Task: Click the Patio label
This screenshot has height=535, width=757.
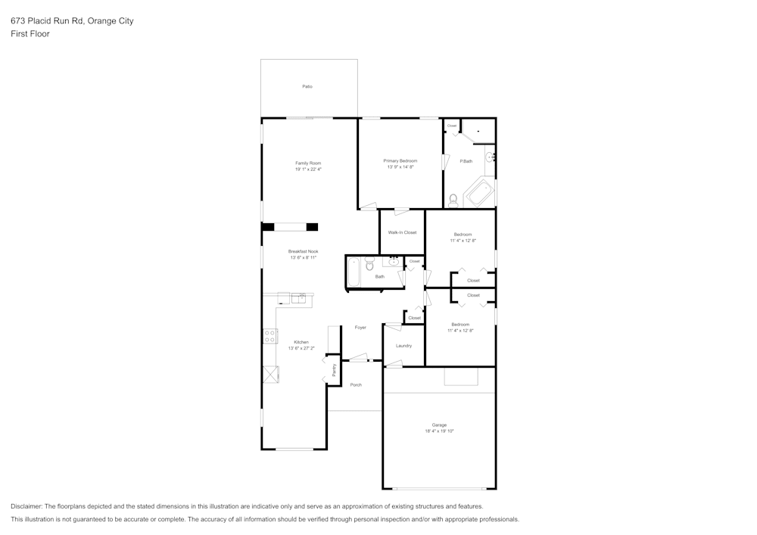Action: pyautogui.click(x=307, y=87)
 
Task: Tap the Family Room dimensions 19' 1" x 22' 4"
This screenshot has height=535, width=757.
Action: pyautogui.click(x=308, y=170)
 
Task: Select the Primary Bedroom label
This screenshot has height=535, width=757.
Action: pyautogui.click(x=400, y=160)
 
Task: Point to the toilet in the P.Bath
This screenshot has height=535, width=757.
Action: pyautogui.click(x=453, y=201)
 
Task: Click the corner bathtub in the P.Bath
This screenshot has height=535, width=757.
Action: pyautogui.click(x=480, y=193)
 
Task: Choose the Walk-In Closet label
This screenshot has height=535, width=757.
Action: pyautogui.click(x=402, y=232)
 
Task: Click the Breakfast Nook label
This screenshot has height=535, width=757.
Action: pyautogui.click(x=303, y=251)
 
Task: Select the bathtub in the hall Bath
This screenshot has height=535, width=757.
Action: pyautogui.click(x=354, y=272)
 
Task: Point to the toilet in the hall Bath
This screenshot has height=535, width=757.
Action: pyautogui.click(x=370, y=265)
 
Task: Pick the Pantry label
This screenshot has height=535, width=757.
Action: pyautogui.click(x=334, y=370)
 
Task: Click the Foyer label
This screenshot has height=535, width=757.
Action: pyautogui.click(x=360, y=328)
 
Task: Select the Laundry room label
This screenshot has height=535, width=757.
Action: pyautogui.click(x=403, y=346)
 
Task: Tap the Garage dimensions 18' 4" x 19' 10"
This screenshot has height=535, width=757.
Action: pyautogui.click(x=438, y=431)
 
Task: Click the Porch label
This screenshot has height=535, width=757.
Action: pyautogui.click(x=356, y=385)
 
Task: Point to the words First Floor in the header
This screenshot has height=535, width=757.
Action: pyautogui.click(x=30, y=34)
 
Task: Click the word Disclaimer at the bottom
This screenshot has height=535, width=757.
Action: pyautogui.click(x=26, y=506)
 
